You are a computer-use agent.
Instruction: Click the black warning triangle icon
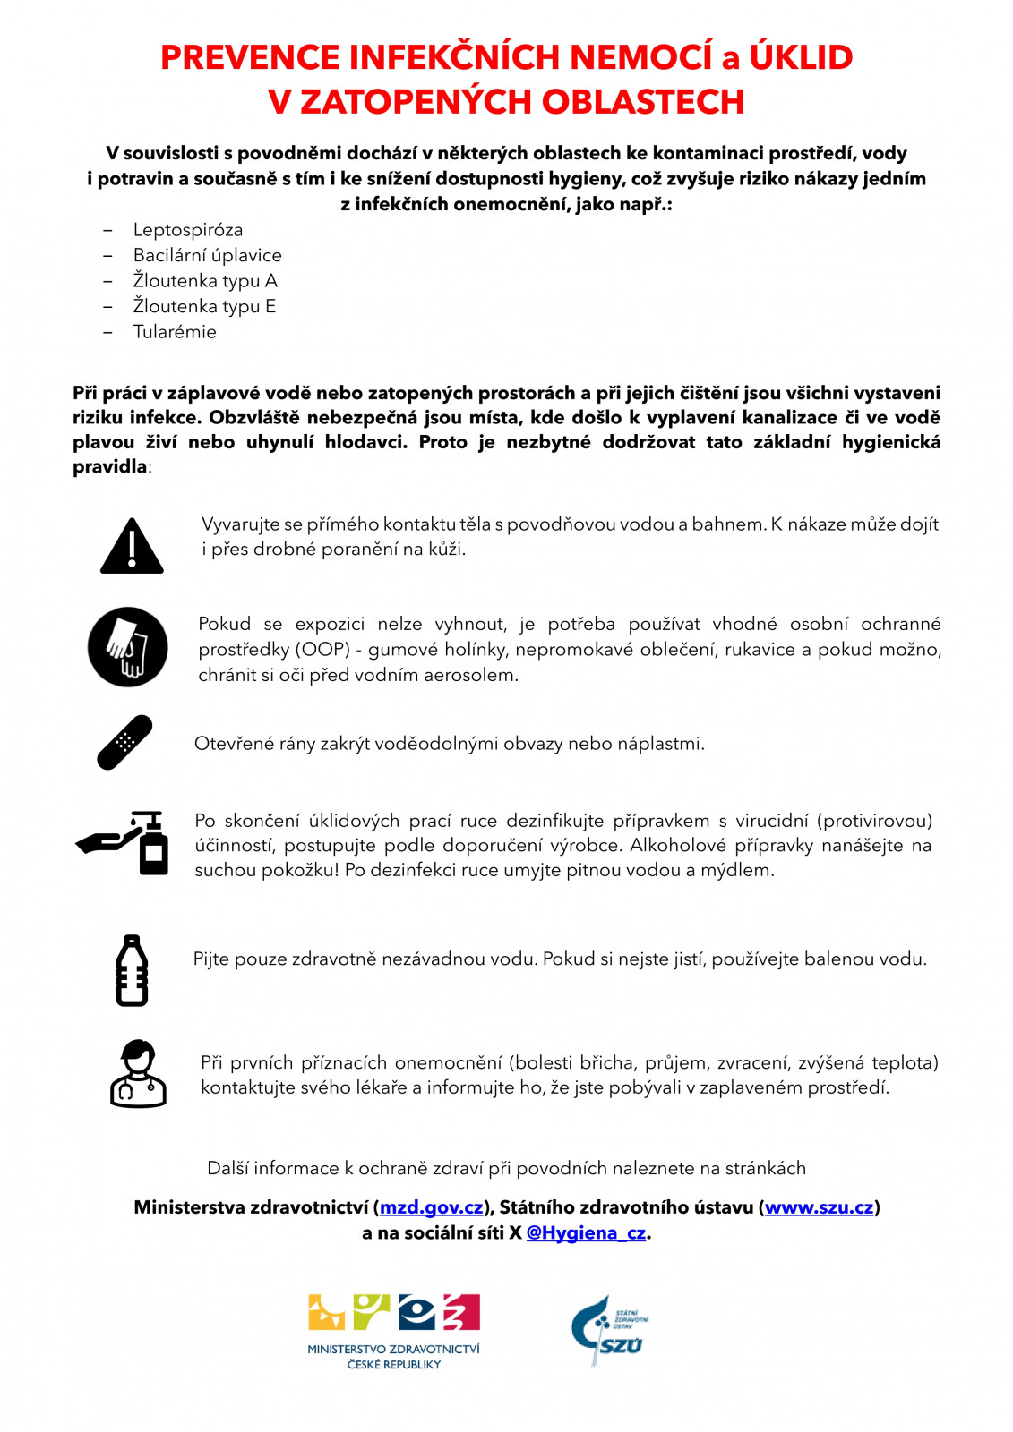point(132,547)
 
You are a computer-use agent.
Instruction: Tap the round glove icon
point(128,647)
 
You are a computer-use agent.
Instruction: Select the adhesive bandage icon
point(124,742)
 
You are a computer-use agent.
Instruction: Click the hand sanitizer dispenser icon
point(125,843)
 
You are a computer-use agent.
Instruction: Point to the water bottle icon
point(132,970)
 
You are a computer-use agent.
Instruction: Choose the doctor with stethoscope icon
point(138,1073)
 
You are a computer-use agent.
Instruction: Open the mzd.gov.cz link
point(431,1207)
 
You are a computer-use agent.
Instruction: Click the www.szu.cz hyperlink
point(819,1207)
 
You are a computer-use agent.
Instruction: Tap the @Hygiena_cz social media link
point(586,1232)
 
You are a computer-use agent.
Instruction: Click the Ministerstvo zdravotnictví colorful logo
point(394,1330)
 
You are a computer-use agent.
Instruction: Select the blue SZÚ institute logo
point(609,1330)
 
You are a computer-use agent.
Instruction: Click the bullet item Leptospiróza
point(188,230)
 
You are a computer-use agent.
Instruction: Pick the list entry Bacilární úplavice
point(207,255)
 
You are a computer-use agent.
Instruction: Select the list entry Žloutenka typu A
point(205,281)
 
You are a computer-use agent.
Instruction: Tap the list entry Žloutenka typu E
point(204,306)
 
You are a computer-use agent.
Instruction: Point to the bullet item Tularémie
point(175,332)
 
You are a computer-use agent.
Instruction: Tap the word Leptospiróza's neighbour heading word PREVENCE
point(250,57)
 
